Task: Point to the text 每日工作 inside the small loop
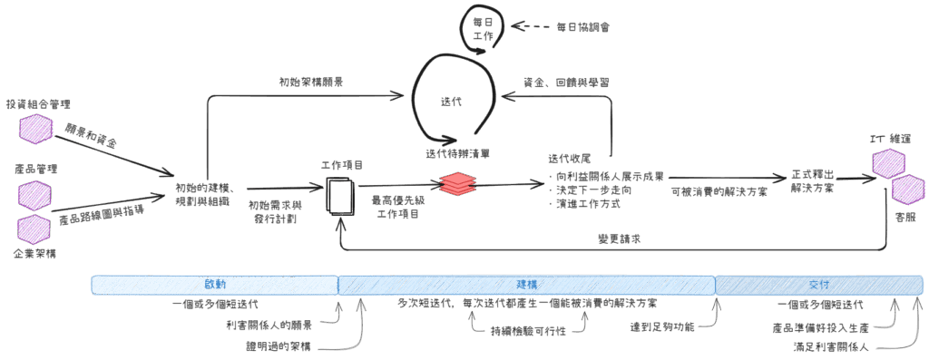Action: tap(482, 27)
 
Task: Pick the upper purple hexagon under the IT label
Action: tap(885, 165)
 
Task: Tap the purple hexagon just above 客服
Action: tap(906, 191)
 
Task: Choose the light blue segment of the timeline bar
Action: tap(214, 284)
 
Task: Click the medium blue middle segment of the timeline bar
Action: tap(526, 284)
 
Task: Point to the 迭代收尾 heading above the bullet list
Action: tap(570, 158)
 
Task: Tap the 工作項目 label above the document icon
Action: tap(342, 166)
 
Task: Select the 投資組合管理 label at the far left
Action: tap(38, 103)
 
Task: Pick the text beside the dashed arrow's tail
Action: tap(582, 27)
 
